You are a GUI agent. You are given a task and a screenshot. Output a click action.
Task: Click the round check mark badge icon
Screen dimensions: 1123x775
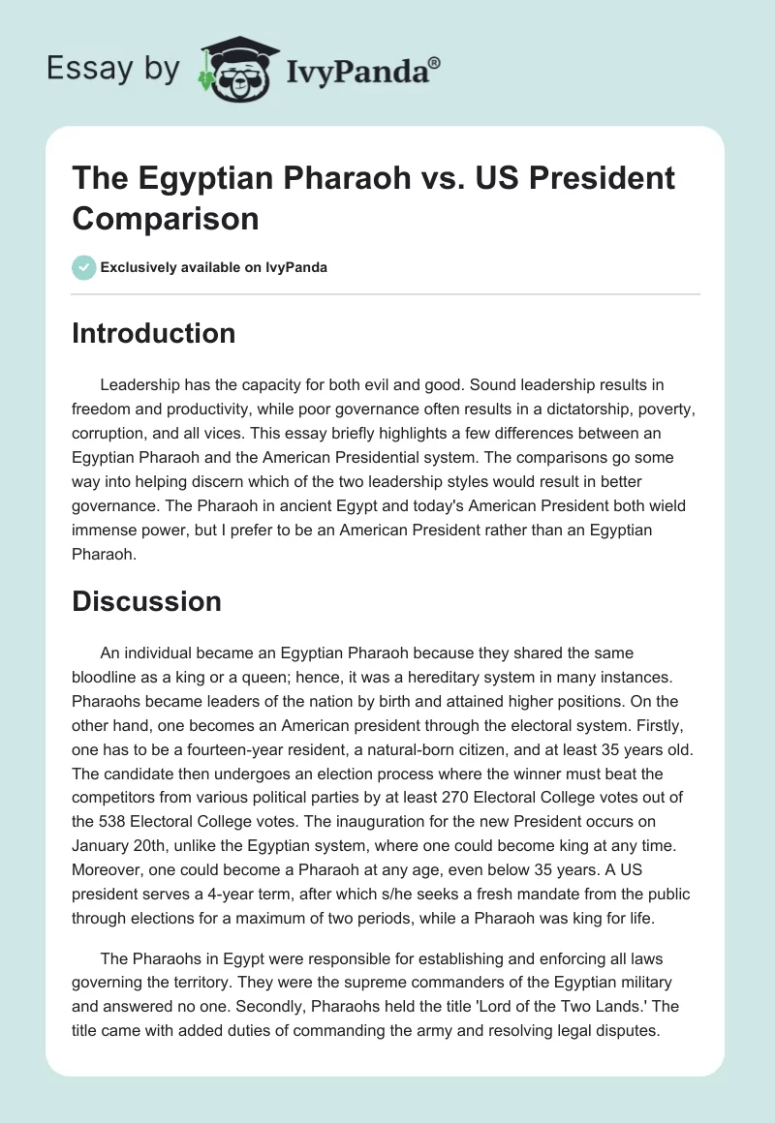click(x=84, y=267)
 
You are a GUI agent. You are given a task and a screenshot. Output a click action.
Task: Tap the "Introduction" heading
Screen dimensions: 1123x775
click(x=154, y=333)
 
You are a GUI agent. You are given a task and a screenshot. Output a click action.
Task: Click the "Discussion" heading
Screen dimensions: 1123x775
click(x=146, y=601)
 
